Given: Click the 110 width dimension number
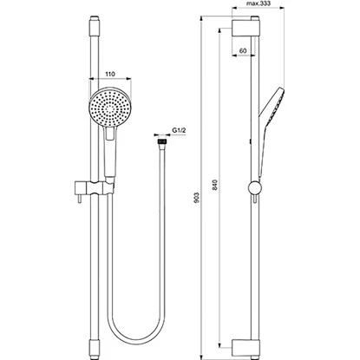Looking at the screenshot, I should [109, 75].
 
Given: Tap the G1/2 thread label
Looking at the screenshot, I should [180, 130].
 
